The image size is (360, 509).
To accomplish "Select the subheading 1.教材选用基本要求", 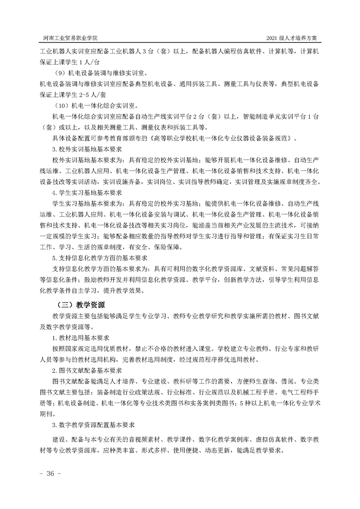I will point(80,338).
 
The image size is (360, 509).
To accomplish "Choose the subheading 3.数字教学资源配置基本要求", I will point(93,426).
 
